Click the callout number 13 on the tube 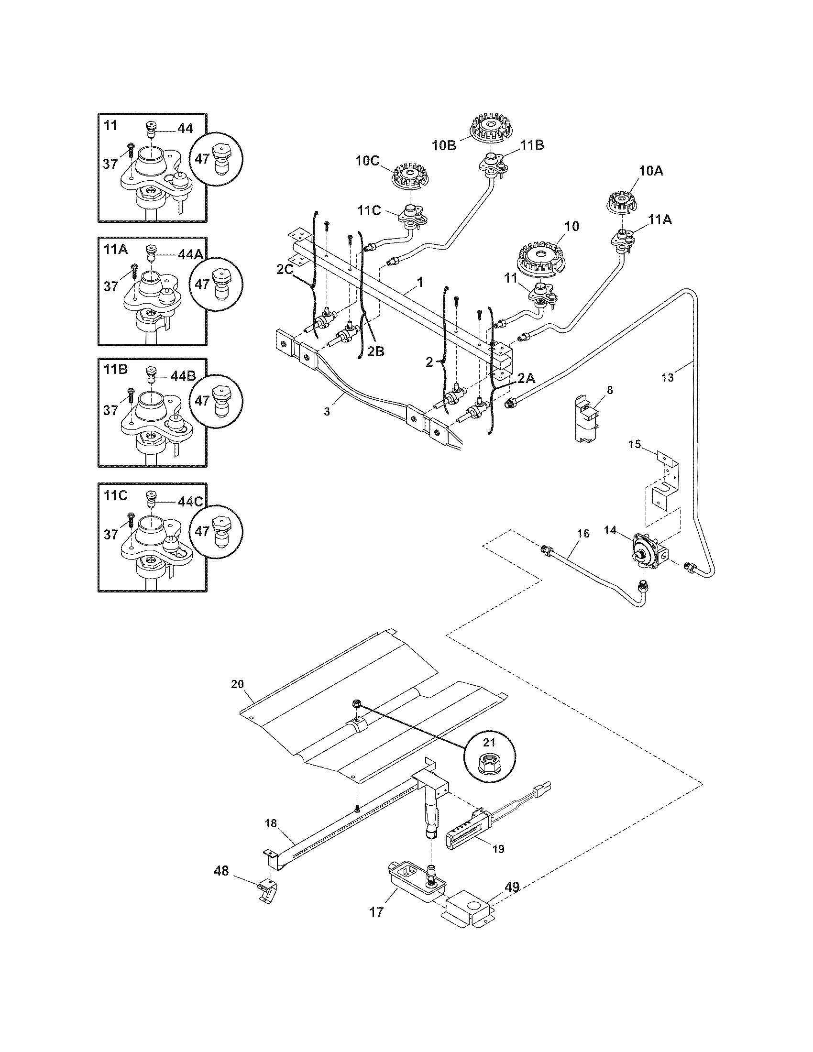[668, 378]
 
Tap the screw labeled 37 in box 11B [131, 394]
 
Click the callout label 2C [285, 270]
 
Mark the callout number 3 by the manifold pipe [327, 411]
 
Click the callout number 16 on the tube [583, 533]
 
